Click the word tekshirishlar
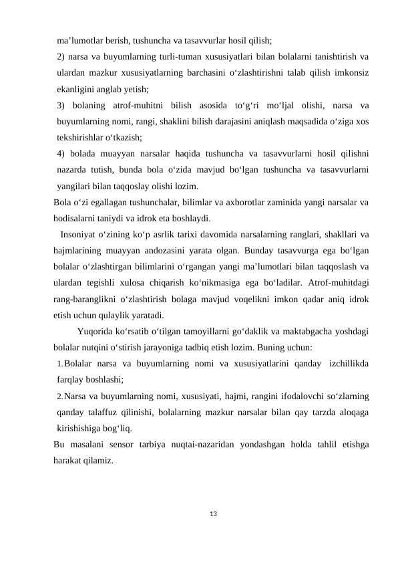click(x=85, y=136)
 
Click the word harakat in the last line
click(x=70, y=460)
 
